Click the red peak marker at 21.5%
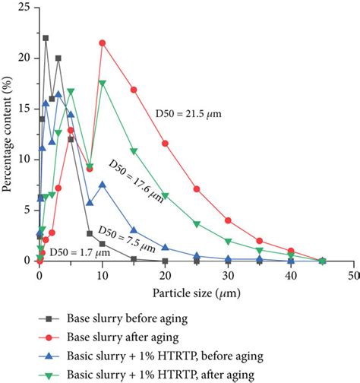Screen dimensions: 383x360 (102, 43)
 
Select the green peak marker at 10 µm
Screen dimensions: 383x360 (102, 83)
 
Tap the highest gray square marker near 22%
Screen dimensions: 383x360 (46, 37)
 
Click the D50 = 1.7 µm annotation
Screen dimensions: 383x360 (74, 250)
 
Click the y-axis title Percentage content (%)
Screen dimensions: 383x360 (8, 133)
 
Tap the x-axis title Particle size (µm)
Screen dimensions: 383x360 (195, 291)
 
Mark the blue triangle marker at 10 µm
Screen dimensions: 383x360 (102, 185)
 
